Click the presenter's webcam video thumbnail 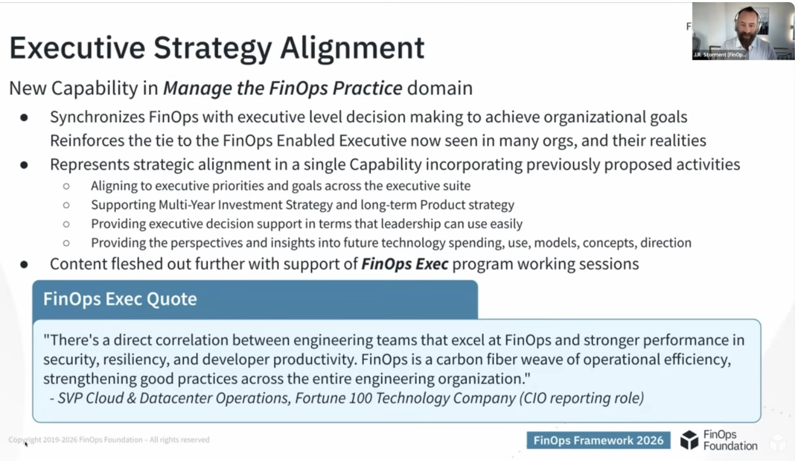point(743,31)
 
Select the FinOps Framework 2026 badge point(598,440)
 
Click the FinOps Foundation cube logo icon point(689,440)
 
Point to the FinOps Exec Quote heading point(120,299)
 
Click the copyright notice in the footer point(109,439)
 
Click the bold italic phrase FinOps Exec point(405,264)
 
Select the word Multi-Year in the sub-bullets point(186,205)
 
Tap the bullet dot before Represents point(24,165)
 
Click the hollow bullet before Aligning point(66,186)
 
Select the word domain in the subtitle point(440,89)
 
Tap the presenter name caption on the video point(719,54)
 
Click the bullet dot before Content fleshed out point(24,264)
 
